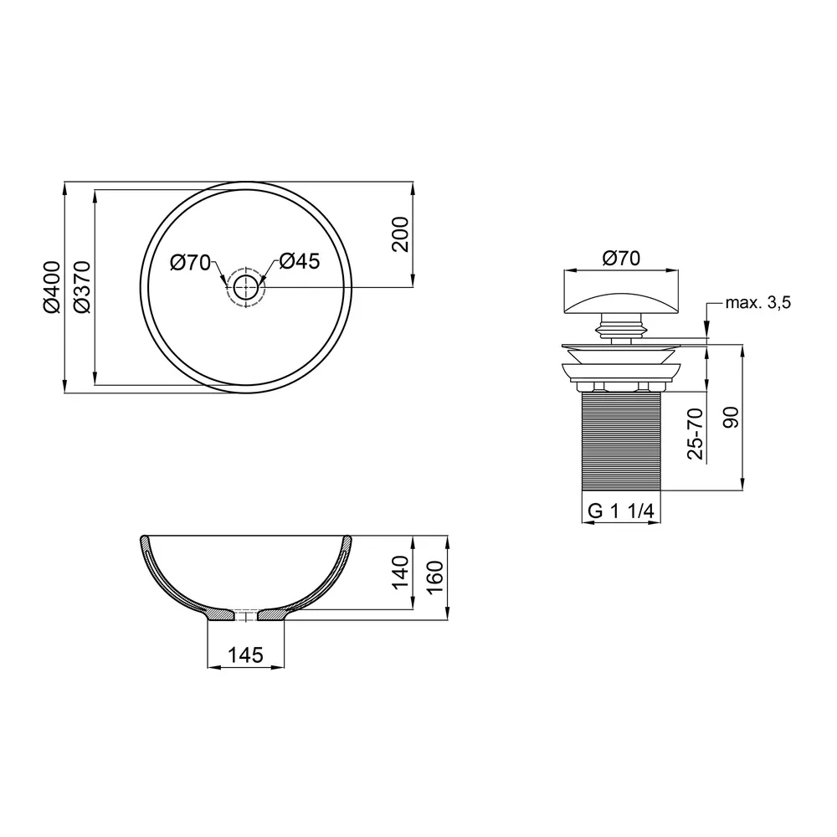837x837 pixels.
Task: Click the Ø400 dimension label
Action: (x=54, y=286)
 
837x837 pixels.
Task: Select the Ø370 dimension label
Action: (x=83, y=286)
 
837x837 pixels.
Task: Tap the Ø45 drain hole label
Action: (x=300, y=261)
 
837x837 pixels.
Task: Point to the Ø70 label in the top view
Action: (x=191, y=263)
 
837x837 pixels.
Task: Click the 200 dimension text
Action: (x=400, y=234)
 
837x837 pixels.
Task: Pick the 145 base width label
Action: (x=245, y=655)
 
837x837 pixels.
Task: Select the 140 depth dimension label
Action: (x=400, y=573)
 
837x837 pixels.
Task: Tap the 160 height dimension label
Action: (x=435, y=578)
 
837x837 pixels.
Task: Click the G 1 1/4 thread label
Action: (x=621, y=511)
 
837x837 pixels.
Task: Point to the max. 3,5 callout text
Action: (x=758, y=303)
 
